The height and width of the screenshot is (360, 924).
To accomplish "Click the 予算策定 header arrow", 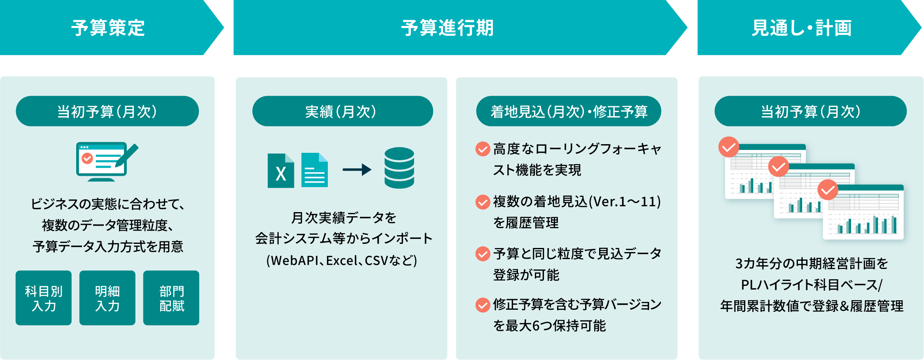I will tap(108, 28).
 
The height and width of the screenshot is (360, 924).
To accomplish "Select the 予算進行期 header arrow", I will tap(448, 28).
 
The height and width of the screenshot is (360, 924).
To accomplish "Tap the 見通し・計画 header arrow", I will tap(801, 28).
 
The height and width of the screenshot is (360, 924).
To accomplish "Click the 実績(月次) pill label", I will tap(342, 111).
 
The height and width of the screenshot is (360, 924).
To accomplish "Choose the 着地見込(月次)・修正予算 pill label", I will tap(569, 111).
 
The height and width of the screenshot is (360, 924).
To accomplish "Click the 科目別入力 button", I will tap(44, 298).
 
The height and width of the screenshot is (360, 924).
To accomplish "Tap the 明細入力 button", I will tap(107, 298).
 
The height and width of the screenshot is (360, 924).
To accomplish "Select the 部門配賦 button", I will tap(171, 298).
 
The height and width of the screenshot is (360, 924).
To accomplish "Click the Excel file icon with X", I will tap(281, 171).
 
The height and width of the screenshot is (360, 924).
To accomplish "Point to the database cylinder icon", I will tap(399, 168).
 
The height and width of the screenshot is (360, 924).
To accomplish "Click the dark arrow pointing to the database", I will tap(357, 169).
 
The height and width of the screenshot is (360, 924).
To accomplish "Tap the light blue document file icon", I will tap(315, 170).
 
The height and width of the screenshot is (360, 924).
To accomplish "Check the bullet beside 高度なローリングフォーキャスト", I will tap(482, 149).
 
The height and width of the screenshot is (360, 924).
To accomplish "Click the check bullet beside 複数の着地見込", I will tap(482, 202).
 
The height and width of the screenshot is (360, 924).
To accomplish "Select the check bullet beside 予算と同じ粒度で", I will tap(482, 254).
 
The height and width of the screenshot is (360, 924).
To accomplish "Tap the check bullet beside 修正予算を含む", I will tap(482, 305).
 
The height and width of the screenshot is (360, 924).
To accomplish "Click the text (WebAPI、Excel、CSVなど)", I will tap(342, 261).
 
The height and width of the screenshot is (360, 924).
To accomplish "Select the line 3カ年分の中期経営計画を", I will tap(811, 264).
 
